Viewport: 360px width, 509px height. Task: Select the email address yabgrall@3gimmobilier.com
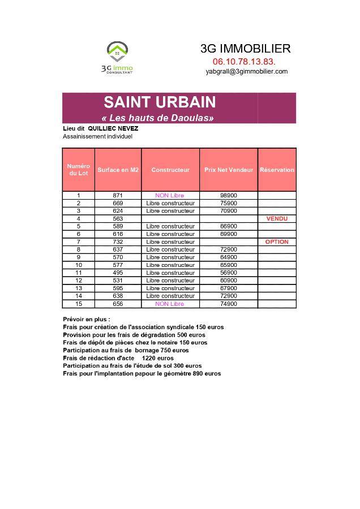246,71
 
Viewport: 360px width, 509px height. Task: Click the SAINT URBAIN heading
159,102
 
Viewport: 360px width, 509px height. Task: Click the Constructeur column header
170,170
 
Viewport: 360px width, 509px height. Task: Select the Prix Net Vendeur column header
229,170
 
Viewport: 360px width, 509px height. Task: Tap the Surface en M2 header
118,170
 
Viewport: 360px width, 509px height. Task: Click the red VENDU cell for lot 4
277,218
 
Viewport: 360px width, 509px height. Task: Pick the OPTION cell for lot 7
277,241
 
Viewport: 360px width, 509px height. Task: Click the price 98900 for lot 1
229,195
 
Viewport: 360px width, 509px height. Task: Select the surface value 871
118,195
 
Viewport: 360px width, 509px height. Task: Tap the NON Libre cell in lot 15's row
170,304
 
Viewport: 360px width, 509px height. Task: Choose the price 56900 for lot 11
229,273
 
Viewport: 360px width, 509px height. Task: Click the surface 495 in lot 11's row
118,273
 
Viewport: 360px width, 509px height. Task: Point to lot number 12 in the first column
79,281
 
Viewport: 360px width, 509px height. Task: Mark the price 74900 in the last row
229,304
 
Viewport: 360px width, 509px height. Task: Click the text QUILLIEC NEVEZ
113,128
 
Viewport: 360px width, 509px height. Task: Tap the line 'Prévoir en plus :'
87,319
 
